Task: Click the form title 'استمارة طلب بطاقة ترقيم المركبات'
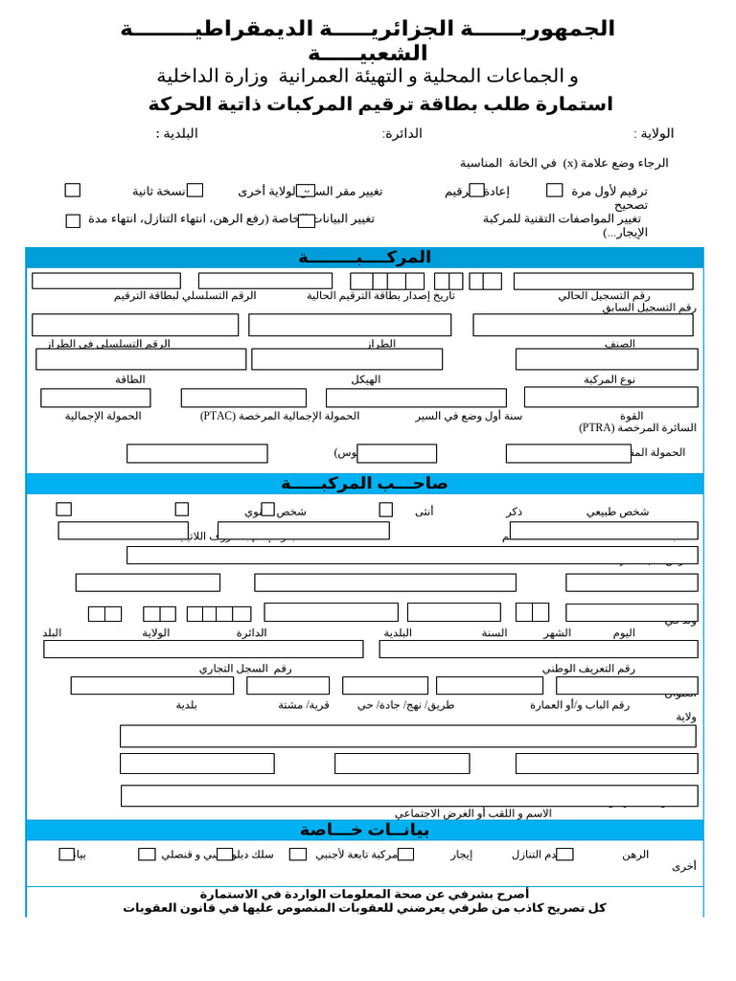pos(379,104)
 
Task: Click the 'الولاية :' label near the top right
pos(654,134)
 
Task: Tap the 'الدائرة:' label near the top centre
pos(402,134)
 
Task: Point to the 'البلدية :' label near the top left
pos(177,133)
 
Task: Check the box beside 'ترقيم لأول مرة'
pos(555,191)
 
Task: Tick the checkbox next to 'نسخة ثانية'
pos(73,191)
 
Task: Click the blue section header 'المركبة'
pos(365,257)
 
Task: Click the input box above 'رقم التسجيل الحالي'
pos(603,281)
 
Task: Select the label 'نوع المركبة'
pos(609,379)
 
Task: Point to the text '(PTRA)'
pos(602,428)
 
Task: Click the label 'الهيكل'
pos(365,379)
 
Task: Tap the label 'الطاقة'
pos(130,379)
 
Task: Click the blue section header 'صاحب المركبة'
pos(365,484)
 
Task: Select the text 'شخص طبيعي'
pos(617,512)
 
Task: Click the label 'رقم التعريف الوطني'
pos(588,669)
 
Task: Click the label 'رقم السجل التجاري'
pos(245,669)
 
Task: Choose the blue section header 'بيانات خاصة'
pos(365,830)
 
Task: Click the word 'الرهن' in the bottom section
pos(635,855)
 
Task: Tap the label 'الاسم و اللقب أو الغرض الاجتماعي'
pos(473,813)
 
